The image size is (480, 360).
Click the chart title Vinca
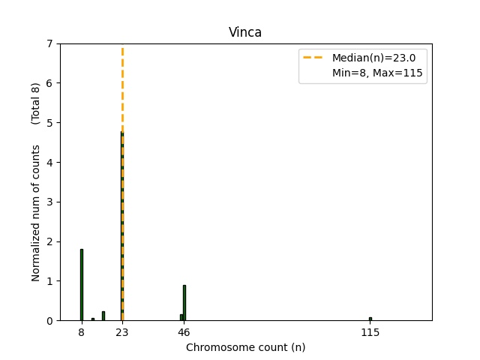[x=245, y=32]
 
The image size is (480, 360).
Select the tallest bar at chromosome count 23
[x=122, y=225]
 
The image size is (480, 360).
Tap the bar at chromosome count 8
[x=81, y=285]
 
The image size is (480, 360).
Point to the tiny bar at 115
[x=370, y=319]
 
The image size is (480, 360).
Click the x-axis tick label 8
[x=81, y=331]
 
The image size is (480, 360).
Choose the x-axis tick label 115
[x=370, y=331]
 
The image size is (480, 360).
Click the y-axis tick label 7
[x=49, y=43]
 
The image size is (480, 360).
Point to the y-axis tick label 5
[x=49, y=122]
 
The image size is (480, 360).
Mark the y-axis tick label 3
[x=49, y=202]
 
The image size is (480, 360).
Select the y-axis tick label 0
[x=49, y=320]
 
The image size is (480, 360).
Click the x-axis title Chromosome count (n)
[x=245, y=347]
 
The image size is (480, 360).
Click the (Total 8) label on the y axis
[x=36, y=103]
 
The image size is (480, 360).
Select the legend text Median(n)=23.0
[x=373, y=58]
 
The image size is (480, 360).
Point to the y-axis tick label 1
[x=49, y=281]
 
